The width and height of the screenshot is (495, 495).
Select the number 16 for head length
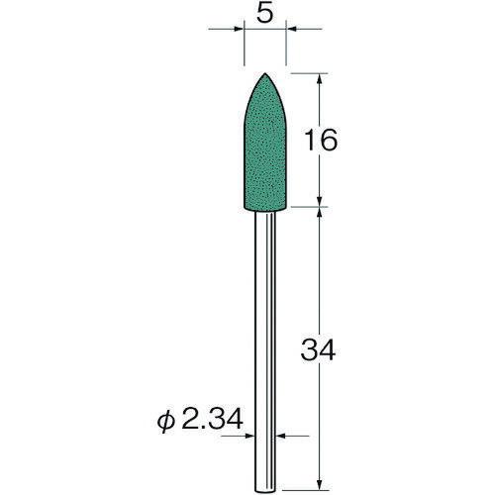pos(323,141)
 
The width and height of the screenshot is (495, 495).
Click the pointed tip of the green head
pos(265,73)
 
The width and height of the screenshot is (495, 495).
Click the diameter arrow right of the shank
pos(280,435)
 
